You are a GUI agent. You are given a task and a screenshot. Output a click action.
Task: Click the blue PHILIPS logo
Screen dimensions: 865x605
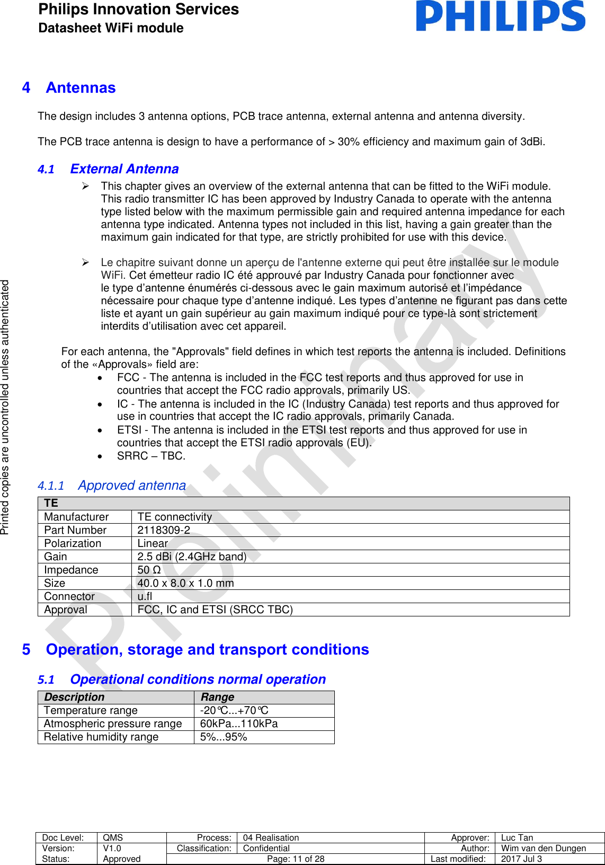pyautogui.click(x=500, y=16)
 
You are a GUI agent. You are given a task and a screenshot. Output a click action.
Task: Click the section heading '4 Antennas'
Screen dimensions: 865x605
pyautogui.click(x=69, y=88)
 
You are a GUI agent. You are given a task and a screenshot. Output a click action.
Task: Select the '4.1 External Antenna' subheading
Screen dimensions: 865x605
pyautogui.click(x=109, y=169)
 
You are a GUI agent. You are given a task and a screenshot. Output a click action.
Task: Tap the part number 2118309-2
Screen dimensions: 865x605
pyautogui.click(x=164, y=530)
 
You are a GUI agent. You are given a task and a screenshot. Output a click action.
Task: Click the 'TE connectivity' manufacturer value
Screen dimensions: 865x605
pyautogui.click(x=175, y=517)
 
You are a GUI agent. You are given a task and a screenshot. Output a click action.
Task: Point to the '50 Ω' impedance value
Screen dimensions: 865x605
pyautogui.click(x=149, y=570)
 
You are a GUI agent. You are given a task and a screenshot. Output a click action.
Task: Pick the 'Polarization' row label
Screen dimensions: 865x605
pyautogui.click(x=73, y=543)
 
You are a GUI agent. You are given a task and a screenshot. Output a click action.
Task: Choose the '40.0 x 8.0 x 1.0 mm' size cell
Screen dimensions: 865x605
pyautogui.click(x=185, y=583)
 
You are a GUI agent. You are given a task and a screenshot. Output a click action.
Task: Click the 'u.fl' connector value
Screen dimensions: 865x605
pyautogui.click(x=145, y=596)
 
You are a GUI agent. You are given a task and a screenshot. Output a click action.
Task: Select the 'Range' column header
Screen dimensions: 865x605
pyautogui.click(x=217, y=697)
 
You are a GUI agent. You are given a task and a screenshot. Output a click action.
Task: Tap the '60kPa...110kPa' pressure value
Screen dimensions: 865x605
pyautogui.click(x=239, y=723)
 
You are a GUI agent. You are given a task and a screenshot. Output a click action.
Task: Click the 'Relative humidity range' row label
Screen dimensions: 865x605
pyautogui.click(x=101, y=737)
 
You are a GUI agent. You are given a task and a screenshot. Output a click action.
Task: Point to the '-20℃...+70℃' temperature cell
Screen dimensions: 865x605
pyautogui.click(x=234, y=710)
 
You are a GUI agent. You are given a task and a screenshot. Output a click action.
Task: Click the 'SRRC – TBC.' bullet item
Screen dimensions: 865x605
pyautogui.click(x=151, y=456)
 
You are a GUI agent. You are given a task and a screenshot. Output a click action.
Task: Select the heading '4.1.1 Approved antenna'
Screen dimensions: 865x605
pyautogui.click(x=112, y=486)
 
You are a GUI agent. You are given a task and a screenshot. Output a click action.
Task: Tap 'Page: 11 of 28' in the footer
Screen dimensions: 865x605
pyautogui.click(x=296, y=859)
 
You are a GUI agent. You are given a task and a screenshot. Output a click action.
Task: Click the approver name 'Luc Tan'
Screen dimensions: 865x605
pyautogui.click(x=517, y=837)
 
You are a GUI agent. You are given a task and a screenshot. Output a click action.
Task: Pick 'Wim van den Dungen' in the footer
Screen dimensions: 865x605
pyautogui.click(x=544, y=848)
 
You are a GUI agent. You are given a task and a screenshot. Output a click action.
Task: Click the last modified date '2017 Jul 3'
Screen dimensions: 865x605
pyautogui.click(x=521, y=859)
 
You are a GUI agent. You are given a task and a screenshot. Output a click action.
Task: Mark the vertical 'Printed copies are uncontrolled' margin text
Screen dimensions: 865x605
pyautogui.click(x=5, y=407)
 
